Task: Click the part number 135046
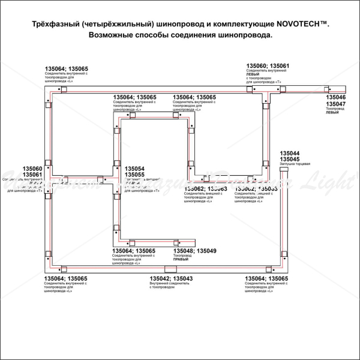tap(335, 97)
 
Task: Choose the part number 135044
tap(290, 153)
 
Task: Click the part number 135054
tap(134, 169)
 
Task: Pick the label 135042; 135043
tap(171, 278)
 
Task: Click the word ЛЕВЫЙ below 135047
tap(332, 113)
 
